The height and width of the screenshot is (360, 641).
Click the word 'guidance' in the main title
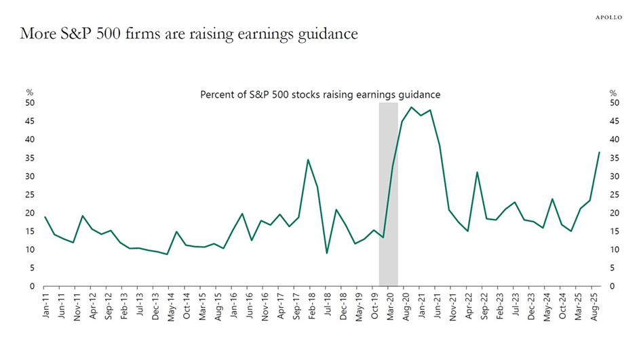[x=325, y=33]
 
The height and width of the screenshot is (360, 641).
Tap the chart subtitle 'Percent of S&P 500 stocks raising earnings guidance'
[x=320, y=95]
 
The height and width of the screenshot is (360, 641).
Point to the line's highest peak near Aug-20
[x=412, y=107]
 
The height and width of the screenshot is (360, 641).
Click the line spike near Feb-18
[x=308, y=160]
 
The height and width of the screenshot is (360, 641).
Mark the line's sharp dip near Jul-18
[x=327, y=253]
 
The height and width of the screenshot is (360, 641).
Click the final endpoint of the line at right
[x=599, y=152]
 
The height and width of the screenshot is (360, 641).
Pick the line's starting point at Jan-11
[x=45, y=217]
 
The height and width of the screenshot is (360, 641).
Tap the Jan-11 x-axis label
[x=45, y=305]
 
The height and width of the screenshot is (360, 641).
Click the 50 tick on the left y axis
[x=30, y=103]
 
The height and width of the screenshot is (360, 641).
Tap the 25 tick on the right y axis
[x=614, y=195]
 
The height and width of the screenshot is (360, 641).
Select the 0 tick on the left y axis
[x=32, y=286]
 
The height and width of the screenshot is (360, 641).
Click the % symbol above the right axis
[x=613, y=93]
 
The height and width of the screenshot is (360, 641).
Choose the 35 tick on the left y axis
[x=30, y=158]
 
